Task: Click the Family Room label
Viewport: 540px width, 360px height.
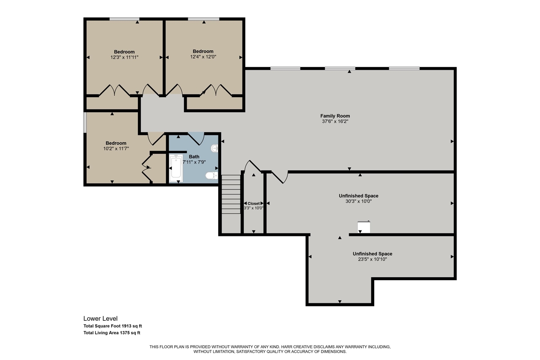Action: click(x=335, y=116)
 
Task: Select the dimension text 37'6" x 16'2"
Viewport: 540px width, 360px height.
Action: click(x=335, y=121)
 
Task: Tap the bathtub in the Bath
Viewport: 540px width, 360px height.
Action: click(x=175, y=169)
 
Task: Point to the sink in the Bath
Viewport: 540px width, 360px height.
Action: click(x=214, y=148)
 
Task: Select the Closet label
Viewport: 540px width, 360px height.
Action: click(x=254, y=203)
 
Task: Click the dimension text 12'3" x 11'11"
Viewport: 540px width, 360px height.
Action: click(x=124, y=57)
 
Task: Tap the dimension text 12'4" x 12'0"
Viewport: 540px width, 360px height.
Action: click(x=203, y=57)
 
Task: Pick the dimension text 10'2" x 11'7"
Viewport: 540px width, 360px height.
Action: click(x=116, y=149)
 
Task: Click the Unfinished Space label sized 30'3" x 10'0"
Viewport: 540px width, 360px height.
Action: click(x=358, y=196)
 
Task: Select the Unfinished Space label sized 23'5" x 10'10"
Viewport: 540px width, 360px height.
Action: click(x=372, y=254)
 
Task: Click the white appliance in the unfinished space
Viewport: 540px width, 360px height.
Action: click(x=364, y=227)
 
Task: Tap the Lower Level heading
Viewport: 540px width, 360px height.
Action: click(x=100, y=319)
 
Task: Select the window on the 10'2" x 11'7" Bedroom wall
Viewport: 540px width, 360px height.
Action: click(x=85, y=122)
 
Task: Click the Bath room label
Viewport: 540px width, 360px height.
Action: click(x=194, y=157)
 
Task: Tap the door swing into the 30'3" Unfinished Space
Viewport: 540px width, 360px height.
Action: click(x=279, y=177)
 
